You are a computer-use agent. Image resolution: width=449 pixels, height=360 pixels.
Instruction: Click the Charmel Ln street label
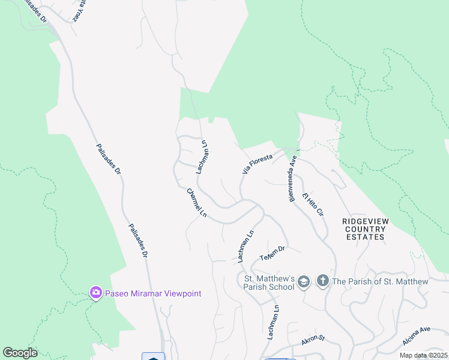coord(196,203)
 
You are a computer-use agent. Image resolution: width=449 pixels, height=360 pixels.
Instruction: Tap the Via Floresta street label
coord(258,164)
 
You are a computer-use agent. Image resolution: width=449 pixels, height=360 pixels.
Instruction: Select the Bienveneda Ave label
coord(293,179)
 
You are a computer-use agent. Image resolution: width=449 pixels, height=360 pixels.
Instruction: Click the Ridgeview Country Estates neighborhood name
coord(365,229)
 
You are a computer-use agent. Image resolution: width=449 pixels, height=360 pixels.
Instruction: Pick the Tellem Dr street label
coord(271,253)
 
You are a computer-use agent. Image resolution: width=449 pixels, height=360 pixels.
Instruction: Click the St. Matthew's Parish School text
coord(268,283)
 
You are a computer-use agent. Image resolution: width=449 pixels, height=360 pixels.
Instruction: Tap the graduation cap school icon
coord(304,281)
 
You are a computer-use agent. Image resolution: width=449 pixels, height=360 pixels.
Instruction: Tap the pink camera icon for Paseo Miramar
coord(95,293)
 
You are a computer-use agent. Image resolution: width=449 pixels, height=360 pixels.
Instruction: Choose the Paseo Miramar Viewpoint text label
coord(152,293)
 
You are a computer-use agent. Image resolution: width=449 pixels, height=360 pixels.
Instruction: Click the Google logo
coord(20,353)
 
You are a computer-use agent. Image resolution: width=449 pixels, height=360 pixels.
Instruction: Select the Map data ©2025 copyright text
coord(423,355)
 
